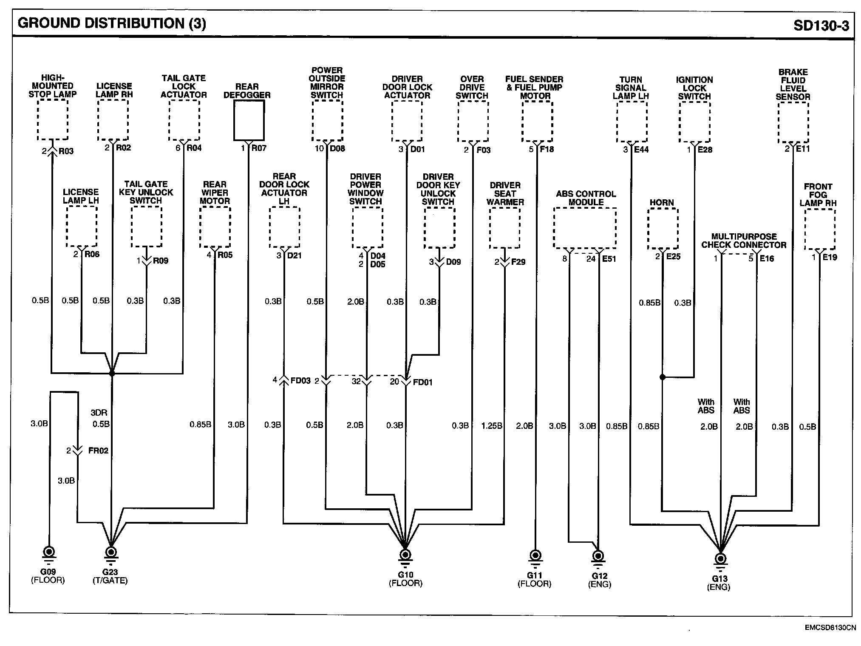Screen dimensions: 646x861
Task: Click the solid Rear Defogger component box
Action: click(x=249, y=120)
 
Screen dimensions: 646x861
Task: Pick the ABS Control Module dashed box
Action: click(x=585, y=228)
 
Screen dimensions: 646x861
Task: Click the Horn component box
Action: click(x=663, y=229)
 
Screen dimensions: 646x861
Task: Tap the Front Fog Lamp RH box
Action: click(x=820, y=229)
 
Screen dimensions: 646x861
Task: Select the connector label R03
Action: click(x=66, y=151)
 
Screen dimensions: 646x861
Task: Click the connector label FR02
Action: click(x=98, y=450)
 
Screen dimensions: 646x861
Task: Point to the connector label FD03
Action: click(x=300, y=380)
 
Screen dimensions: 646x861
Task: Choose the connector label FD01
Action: click(x=422, y=382)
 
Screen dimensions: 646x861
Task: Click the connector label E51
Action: click(x=609, y=259)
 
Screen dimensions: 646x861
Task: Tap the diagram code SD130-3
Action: click(x=821, y=26)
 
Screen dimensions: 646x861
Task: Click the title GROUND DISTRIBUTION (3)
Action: click(x=112, y=23)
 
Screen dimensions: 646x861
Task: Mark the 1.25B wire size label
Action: click(x=492, y=425)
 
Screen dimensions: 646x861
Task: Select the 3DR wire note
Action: click(x=99, y=413)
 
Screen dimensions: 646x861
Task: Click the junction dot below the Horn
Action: click(x=662, y=377)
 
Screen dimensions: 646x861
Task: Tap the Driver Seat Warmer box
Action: click(x=504, y=228)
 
